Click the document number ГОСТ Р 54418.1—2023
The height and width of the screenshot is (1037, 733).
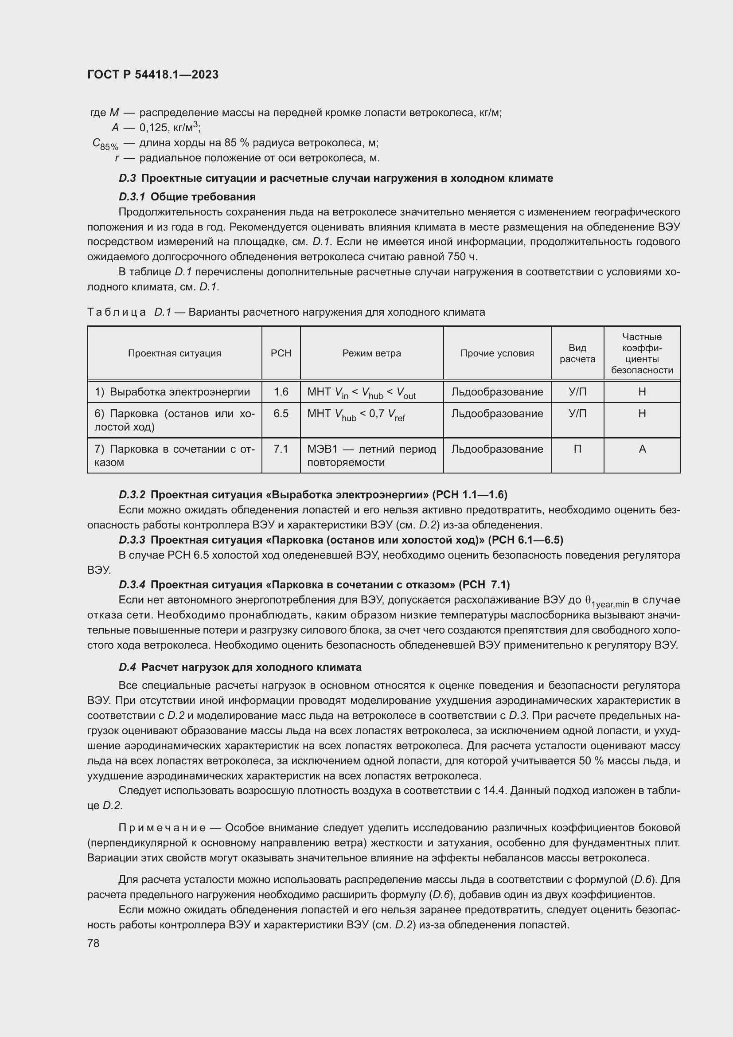(x=152, y=74)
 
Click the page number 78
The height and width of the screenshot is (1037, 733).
(x=94, y=943)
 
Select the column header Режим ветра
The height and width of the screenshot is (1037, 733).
(x=371, y=353)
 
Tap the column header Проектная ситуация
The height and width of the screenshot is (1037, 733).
(x=174, y=353)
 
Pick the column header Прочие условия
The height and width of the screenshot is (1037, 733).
(x=497, y=353)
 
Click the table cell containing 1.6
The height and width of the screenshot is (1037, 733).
(x=281, y=391)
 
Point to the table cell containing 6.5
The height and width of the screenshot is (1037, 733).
(x=281, y=413)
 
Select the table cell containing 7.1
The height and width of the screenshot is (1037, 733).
(x=281, y=449)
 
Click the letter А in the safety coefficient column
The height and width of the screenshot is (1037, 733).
(x=642, y=449)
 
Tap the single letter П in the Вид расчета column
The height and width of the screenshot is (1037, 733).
(x=577, y=449)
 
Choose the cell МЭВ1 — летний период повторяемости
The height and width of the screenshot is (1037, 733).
(x=371, y=455)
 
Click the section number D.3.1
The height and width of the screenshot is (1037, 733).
(x=132, y=197)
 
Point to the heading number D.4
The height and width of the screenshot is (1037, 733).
(x=127, y=667)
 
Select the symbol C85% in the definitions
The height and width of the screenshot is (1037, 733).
(x=105, y=144)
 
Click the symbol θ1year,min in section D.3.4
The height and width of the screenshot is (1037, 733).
(x=607, y=601)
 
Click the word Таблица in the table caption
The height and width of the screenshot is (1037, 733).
(x=117, y=312)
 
